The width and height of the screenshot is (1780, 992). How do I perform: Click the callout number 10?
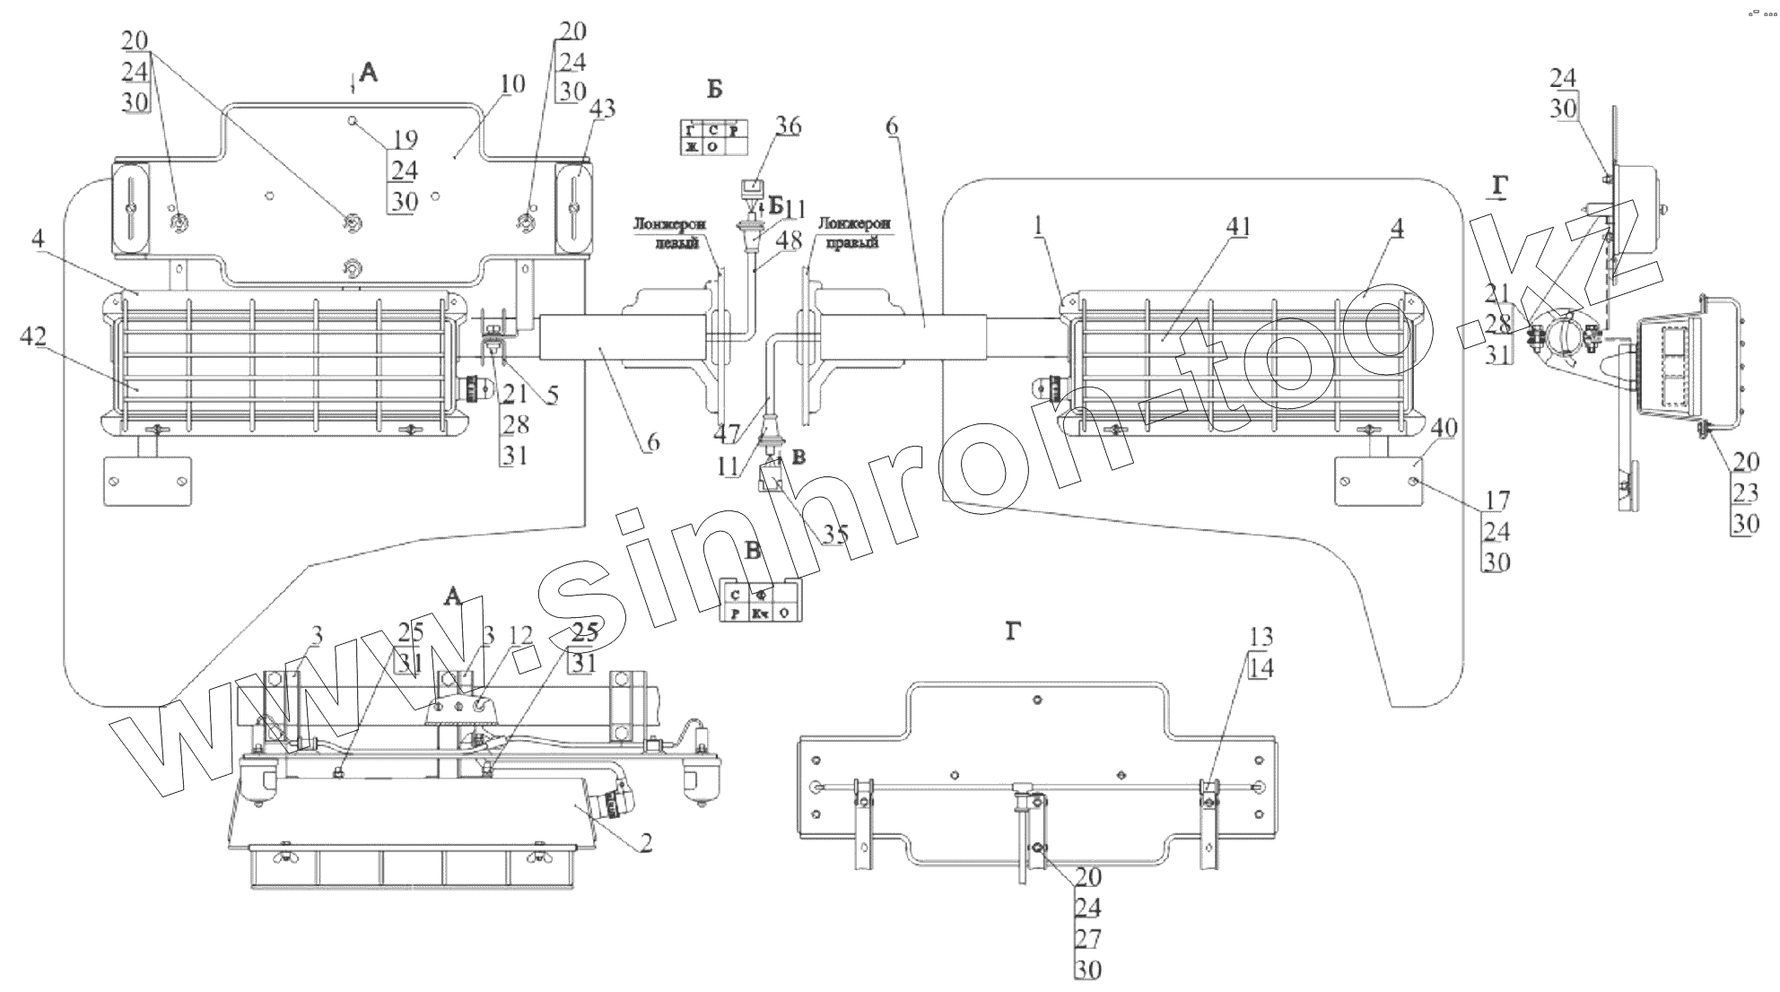[x=513, y=85]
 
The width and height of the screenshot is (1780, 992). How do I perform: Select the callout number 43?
[x=603, y=109]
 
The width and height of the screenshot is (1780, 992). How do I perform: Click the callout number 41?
[x=1237, y=228]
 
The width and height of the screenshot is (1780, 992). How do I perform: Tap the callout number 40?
[x=1444, y=429]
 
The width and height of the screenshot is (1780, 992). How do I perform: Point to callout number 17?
[x=1496, y=500]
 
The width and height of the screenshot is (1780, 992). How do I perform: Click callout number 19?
[x=406, y=139]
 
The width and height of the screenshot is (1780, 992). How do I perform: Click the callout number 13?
[x=1261, y=636]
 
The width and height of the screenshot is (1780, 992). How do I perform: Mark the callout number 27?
[x=1087, y=937]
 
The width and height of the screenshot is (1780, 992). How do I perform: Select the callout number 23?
[x=1746, y=492]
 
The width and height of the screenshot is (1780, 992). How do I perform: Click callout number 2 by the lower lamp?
[x=646, y=843]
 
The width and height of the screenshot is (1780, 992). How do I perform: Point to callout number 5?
[x=553, y=395]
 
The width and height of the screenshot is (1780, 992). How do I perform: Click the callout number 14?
[x=1261, y=667]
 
